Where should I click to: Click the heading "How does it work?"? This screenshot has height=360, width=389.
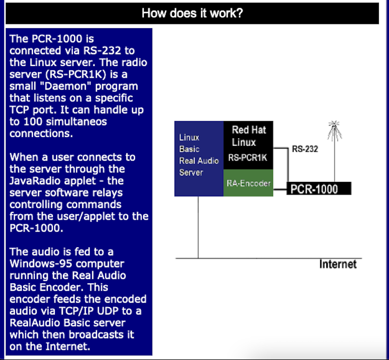click(x=192, y=13)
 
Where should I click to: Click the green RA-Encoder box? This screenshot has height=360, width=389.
click(x=248, y=183)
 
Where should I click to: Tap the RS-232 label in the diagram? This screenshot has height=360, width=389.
click(x=305, y=149)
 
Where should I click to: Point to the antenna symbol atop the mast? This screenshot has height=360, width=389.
click(x=334, y=129)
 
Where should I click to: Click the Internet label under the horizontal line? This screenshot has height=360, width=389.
click(x=338, y=264)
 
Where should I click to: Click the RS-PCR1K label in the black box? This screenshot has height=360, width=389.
click(x=248, y=158)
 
